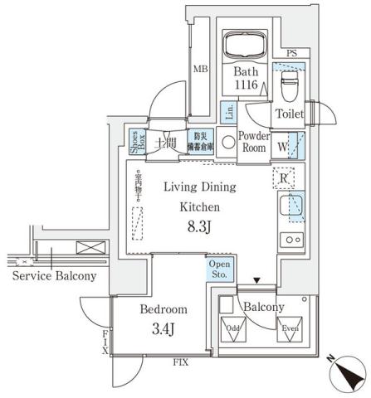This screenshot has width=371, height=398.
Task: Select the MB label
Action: click(200, 70)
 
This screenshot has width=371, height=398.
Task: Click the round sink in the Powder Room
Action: click(229, 142)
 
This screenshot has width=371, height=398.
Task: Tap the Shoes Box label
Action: click(135, 142)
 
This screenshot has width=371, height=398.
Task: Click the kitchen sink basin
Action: click(291, 206)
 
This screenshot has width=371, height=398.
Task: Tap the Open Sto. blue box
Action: click(219, 269)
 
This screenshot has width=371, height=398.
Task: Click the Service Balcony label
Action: click(55, 276)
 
